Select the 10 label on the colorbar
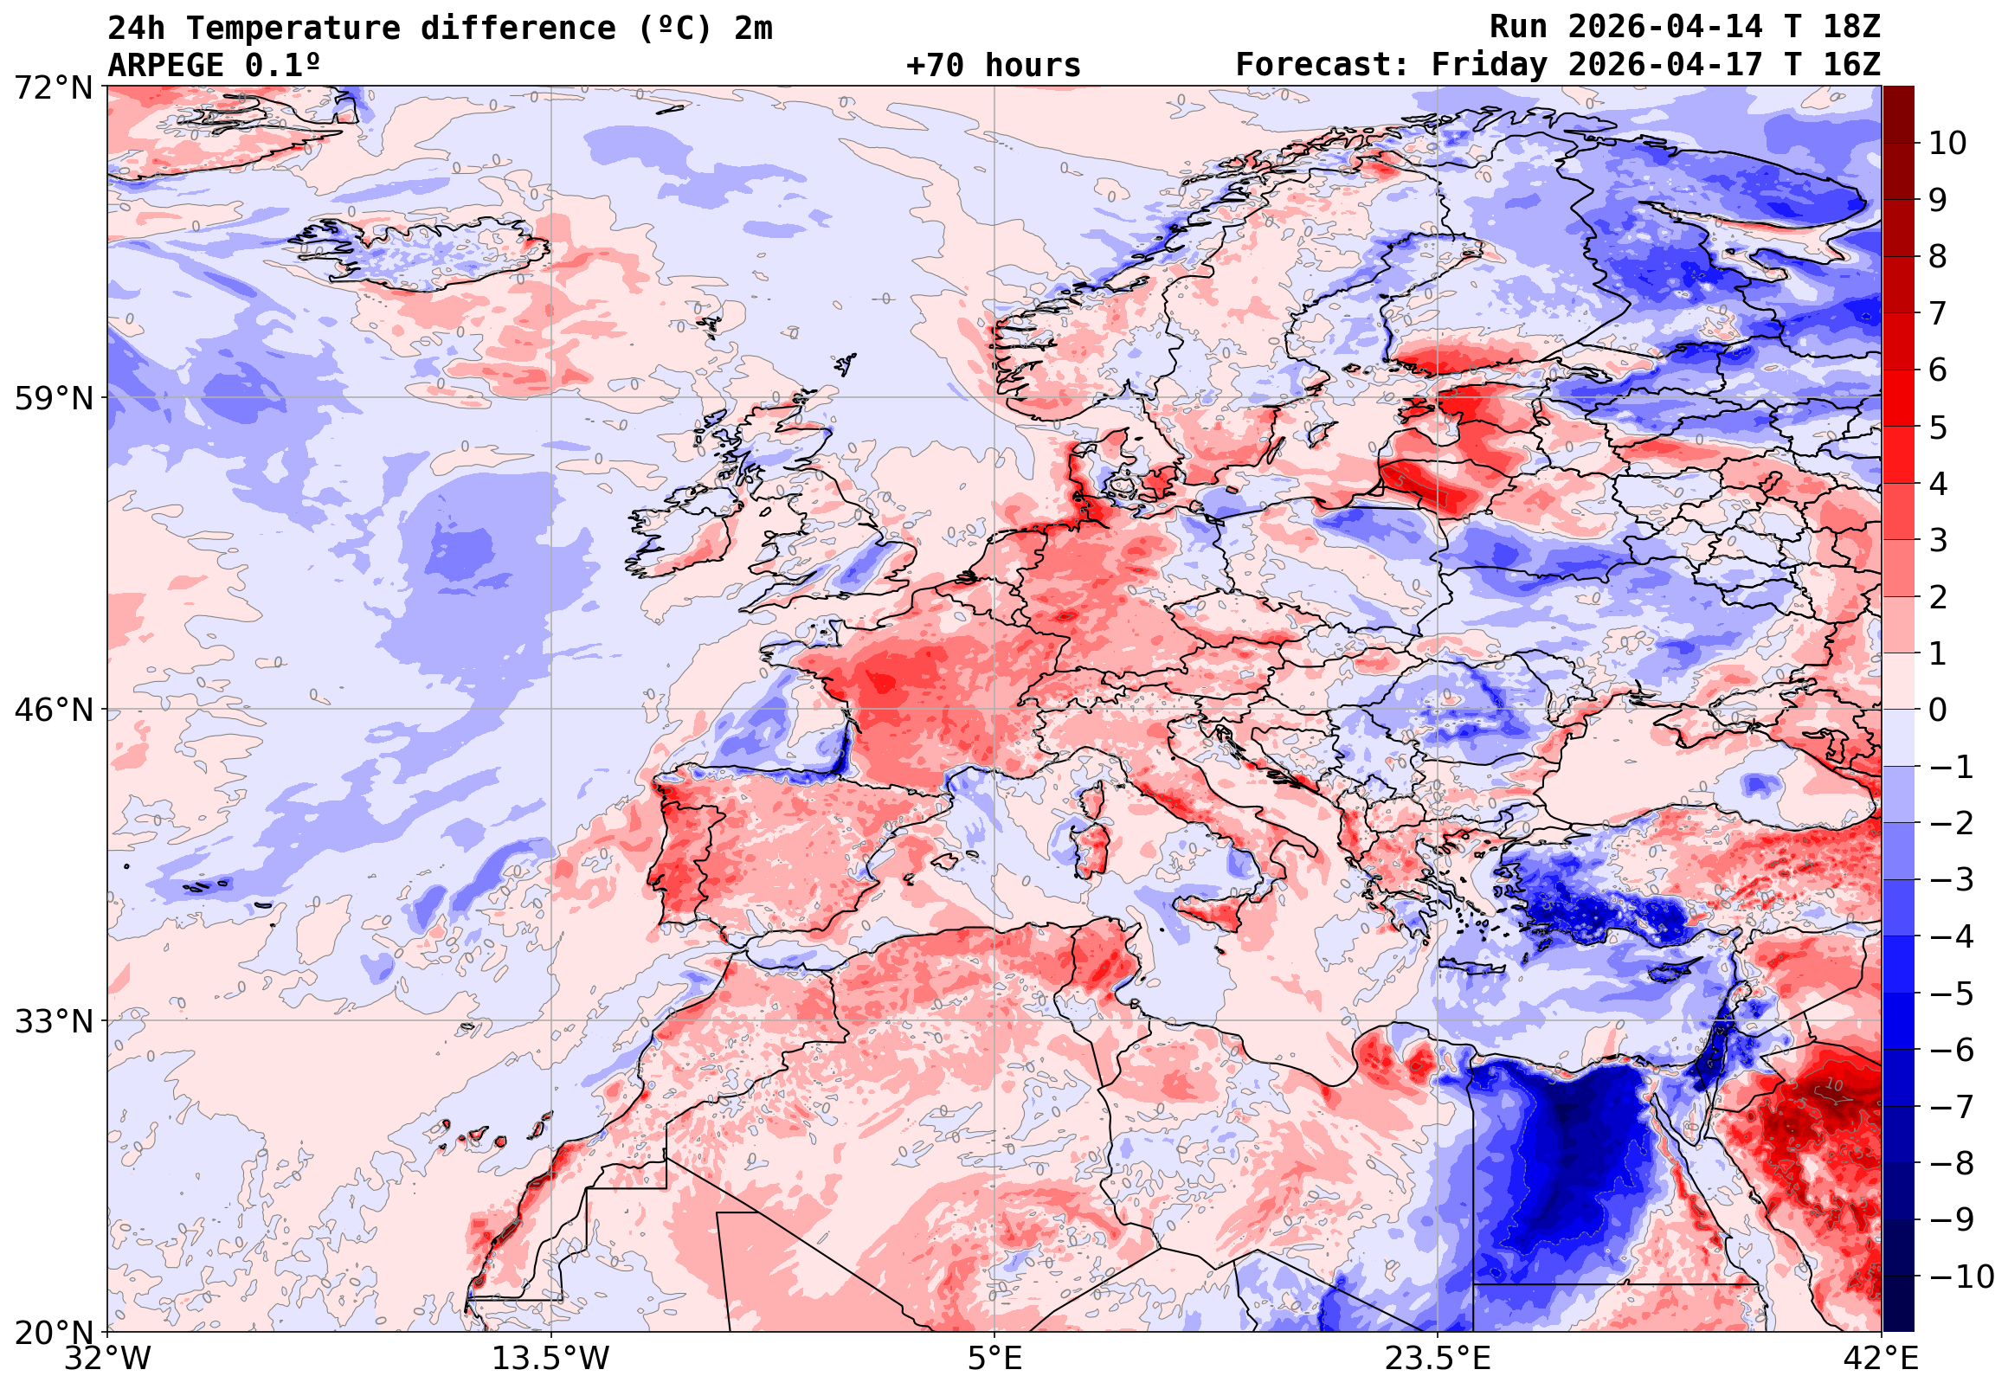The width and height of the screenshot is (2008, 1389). [1947, 144]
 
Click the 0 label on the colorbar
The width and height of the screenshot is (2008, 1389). [1939, 711]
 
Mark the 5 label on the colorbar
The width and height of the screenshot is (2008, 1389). [1939, 428]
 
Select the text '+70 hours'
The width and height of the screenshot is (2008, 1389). [993, 65]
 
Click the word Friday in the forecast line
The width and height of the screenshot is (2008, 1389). [1490, 65]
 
